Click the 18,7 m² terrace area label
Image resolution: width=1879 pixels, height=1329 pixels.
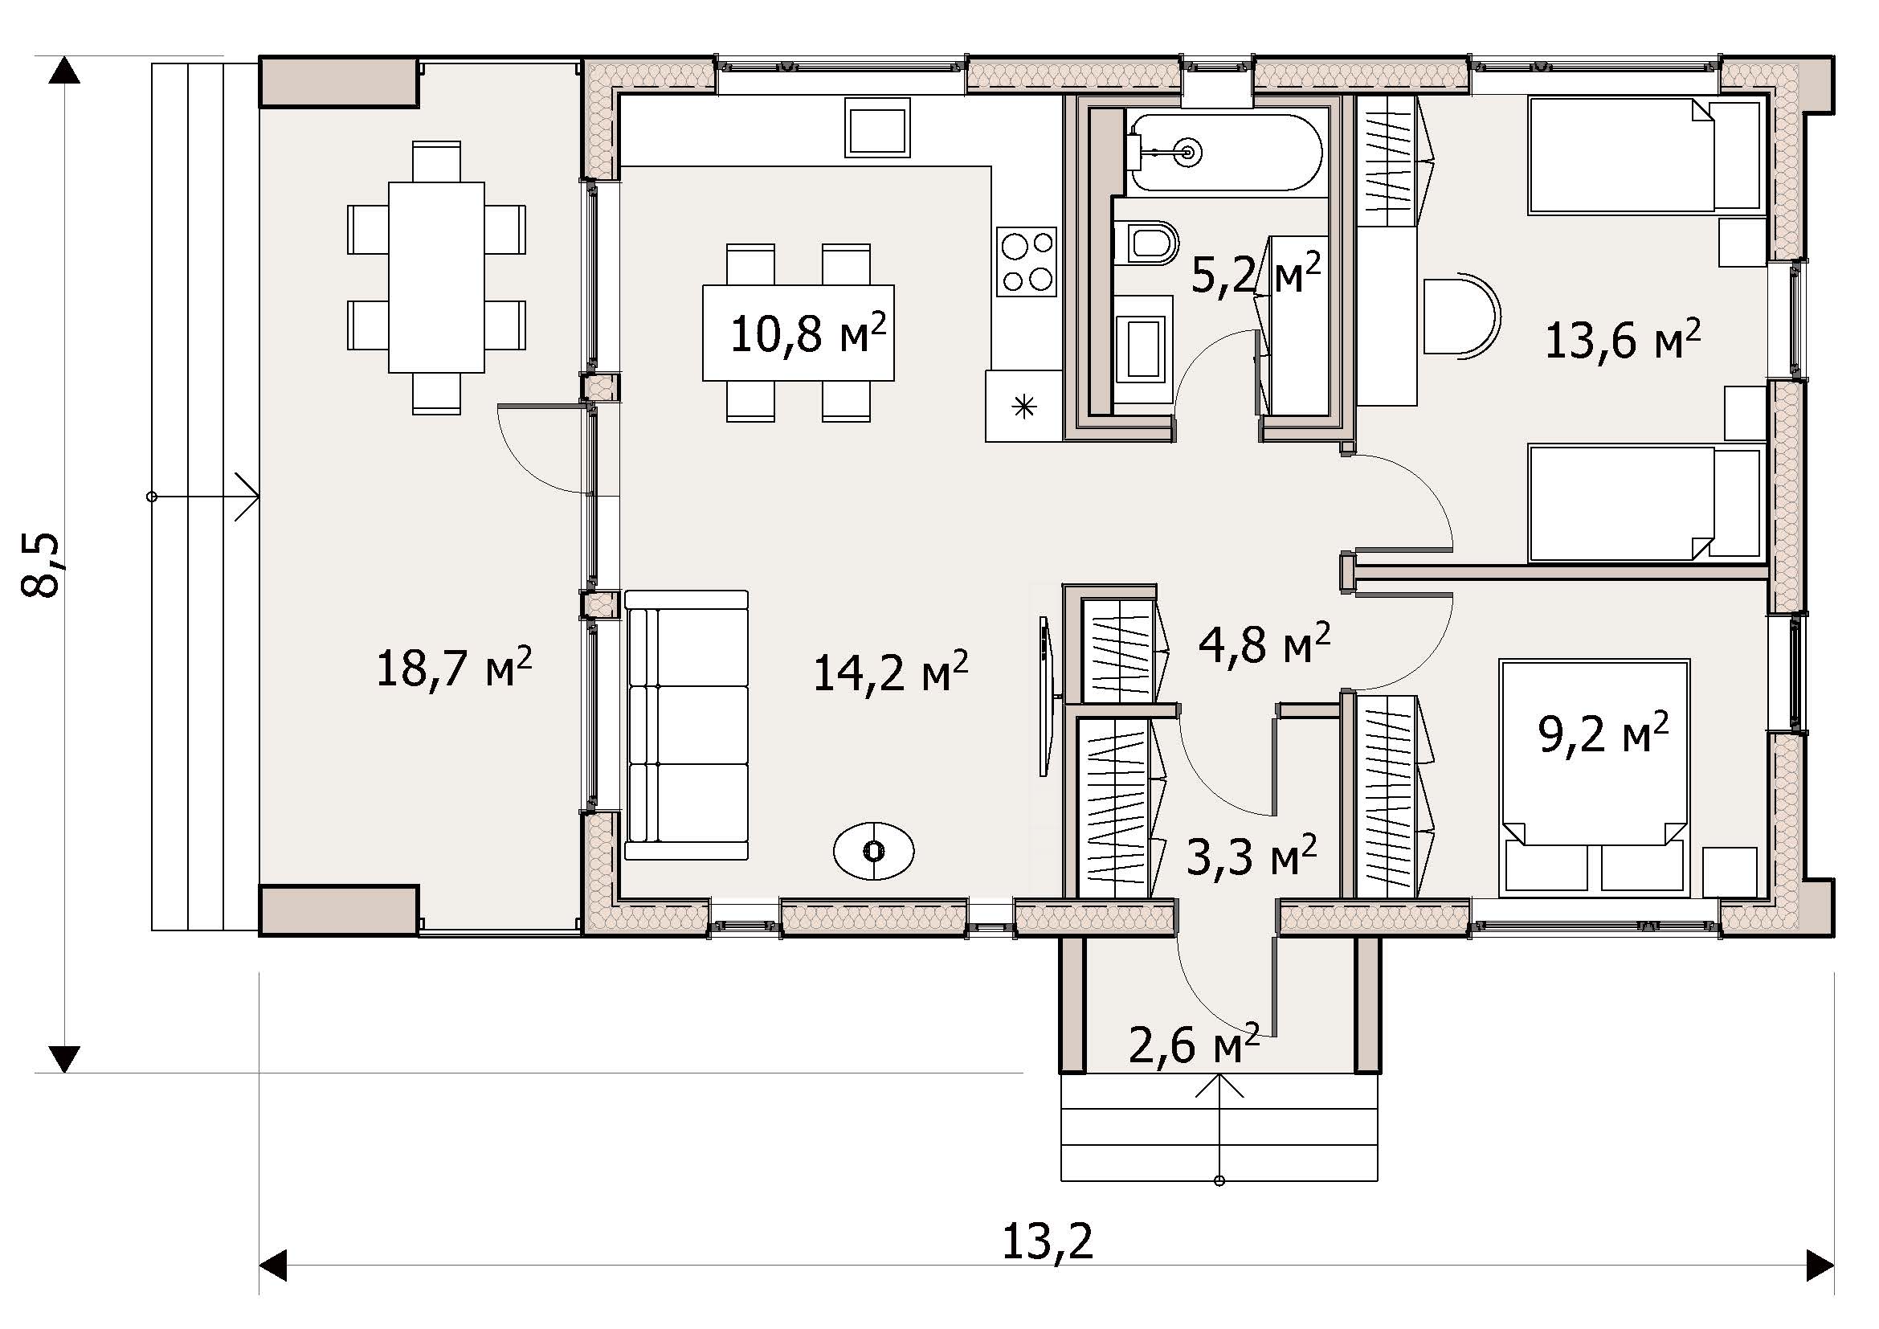(x=454, y=667)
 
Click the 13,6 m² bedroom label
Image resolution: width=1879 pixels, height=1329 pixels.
(x=1624, y=340)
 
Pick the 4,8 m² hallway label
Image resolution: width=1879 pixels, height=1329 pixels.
(x=1264, y=644)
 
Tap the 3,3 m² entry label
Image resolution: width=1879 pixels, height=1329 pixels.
(x=1252, y=857)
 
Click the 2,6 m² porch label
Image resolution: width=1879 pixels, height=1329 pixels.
(x=1194, y=1045)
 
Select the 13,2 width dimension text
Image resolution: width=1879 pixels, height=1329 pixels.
(x=1048, y=1243)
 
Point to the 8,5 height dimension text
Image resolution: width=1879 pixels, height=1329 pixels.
(x=41, y=565)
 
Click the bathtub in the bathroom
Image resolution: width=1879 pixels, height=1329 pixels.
(x=1225, y=153)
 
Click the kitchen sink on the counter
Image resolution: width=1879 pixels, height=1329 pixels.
(x=877, y=127)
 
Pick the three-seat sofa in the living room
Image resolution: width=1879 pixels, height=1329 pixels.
(x=687, y=725)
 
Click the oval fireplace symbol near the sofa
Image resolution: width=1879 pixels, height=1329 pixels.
(x=873, y=851)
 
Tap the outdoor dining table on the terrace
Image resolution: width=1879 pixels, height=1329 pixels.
(x=436, y=276)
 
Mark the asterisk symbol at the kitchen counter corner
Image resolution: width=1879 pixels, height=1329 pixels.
(x=1023, y=406)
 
